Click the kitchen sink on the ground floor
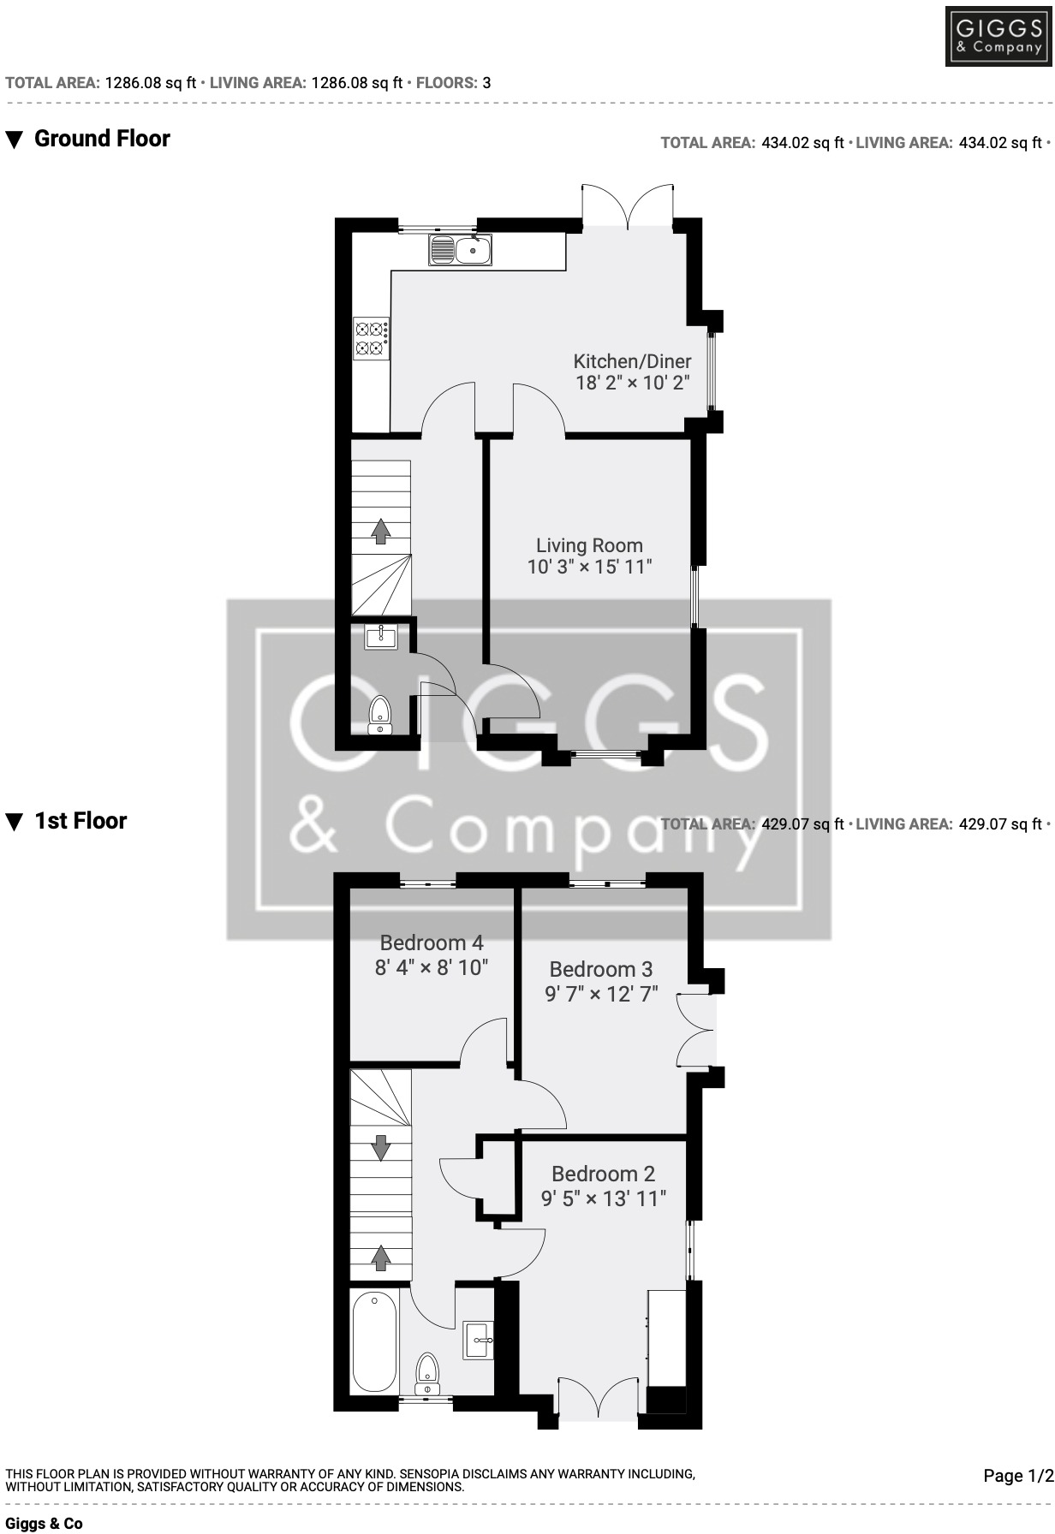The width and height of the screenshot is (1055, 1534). [461, 250]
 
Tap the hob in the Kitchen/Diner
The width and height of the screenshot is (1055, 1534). [372, 337]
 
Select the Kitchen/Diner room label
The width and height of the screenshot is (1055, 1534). [632, 361]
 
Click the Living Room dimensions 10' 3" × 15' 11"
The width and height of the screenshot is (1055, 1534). [589, 567]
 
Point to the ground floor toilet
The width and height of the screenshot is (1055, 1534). [379, 715]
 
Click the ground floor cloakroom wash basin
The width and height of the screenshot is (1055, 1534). [380, 637]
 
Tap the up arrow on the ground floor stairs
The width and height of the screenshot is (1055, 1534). [381, 532]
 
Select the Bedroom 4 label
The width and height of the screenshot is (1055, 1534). [432, 943]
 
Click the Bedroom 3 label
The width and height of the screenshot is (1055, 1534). [601, 969]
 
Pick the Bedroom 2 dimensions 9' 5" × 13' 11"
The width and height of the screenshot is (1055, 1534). [603, 1198]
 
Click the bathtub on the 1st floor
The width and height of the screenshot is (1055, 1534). [374, 1342]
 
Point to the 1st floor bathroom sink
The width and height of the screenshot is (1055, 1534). [479, 1341]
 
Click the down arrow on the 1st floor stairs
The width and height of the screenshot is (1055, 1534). [381, 1145]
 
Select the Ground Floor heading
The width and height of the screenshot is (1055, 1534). [102, 139]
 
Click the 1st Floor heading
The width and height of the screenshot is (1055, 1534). [80, 821]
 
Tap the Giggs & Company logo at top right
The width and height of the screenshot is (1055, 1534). [998, 36]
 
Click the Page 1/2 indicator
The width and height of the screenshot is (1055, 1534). [1018, 1476]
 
